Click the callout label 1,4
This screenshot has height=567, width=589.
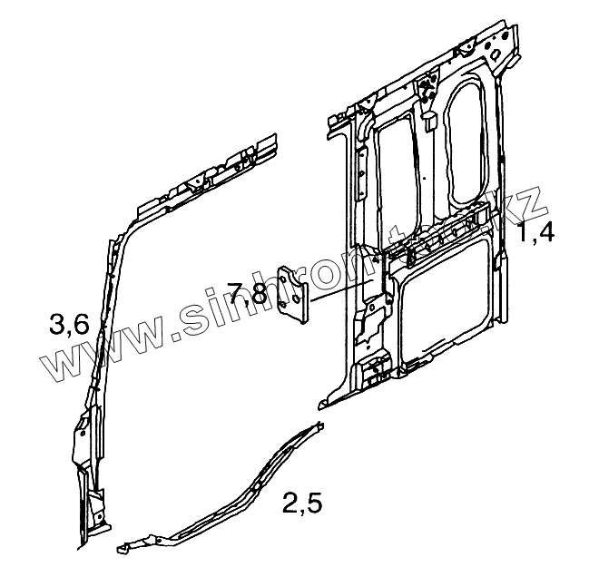pos(536,234)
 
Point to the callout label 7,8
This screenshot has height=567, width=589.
pos(246,293)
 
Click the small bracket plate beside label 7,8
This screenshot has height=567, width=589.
pos(292,293)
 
